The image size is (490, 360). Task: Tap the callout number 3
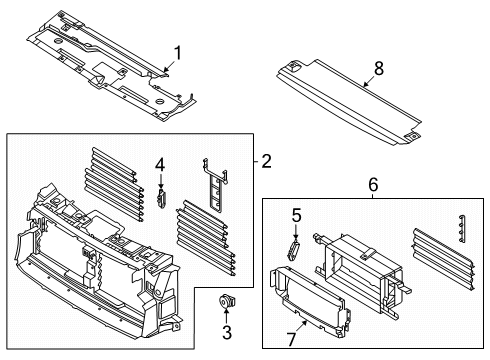227,331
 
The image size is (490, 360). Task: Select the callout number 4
159,165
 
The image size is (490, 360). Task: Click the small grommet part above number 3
227,300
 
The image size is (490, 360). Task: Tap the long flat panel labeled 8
350,105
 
